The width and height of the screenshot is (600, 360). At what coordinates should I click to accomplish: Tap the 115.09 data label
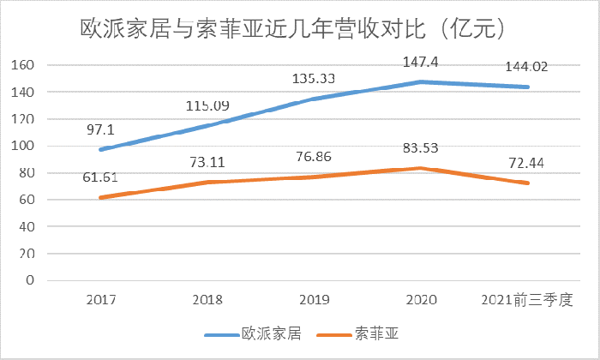pyautogui.click(x=209, y=107)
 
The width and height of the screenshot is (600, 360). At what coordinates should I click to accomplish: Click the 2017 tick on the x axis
pyautogui.click(x=102, y=300)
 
